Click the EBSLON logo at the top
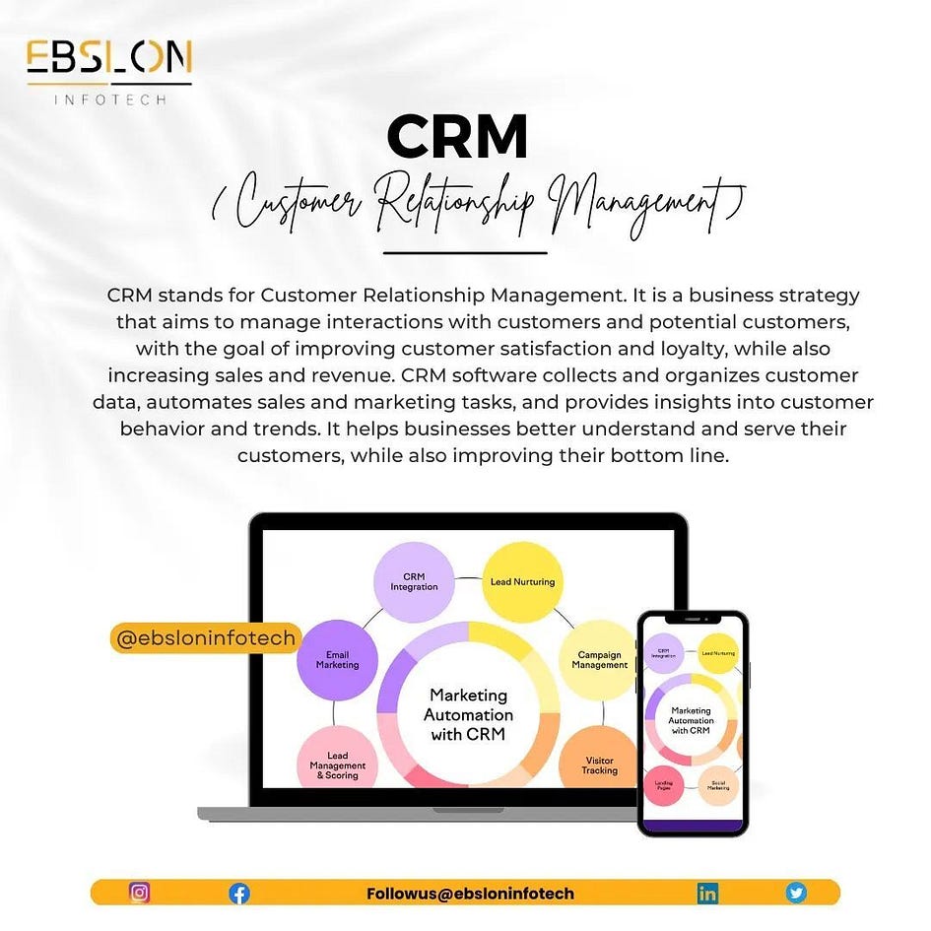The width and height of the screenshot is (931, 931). click(x=108, y=59)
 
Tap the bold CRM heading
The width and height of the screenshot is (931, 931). click(x=457, y=137)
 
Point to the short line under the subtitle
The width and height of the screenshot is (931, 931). click(x=464, y=253)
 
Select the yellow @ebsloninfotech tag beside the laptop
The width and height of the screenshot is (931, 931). click(x=205, y=638)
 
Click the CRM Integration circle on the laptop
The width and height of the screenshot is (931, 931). click(x=414, y=581)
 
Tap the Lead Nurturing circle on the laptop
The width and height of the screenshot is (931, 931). click(x=522, y=581)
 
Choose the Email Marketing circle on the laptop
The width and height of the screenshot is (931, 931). click(x=337, y=660)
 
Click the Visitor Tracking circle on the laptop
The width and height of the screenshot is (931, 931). click(x=599, y=765)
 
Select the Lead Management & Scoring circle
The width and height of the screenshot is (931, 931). click(x=337, y=765)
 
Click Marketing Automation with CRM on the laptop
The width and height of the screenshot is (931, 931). click(x=469, y=714)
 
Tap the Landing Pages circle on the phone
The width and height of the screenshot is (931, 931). click(x=664, y=786)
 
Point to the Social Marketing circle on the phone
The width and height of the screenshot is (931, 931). click(x=718, y=784)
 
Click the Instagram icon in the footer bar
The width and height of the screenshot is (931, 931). click(x=140, y=893)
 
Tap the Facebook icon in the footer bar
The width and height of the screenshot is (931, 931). click(x=239, y=894)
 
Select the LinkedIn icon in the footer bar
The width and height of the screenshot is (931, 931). click(x=707, y=894)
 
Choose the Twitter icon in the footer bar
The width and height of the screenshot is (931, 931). click(x=796, y=893)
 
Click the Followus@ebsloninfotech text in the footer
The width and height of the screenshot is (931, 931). click(x=470, y=894)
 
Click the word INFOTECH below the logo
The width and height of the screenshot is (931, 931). click(x=109, y=99)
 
